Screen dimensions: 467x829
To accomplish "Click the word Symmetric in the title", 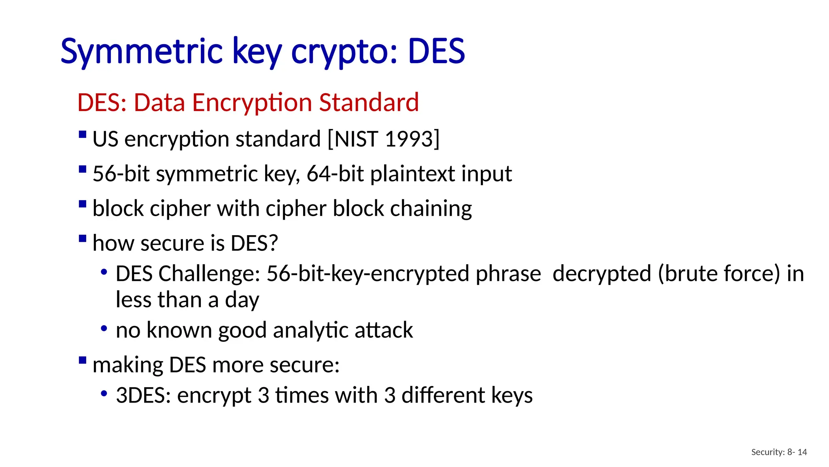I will click(x=141, y=51).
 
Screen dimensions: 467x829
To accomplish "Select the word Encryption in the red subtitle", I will click(x=252, y=102).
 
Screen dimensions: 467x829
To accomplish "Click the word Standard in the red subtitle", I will click(x=369, y=102).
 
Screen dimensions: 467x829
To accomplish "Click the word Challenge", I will click(x=209, y=274).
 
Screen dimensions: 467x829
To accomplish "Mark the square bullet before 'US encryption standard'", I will click(x=83, y=134).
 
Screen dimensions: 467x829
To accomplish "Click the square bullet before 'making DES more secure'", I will click(x=83, y=360).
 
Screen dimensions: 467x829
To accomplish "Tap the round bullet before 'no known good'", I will click(x=104, y=328).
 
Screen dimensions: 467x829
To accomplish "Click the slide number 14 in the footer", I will click(x=802, y=452).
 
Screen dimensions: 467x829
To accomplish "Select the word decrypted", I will click(x=602, y=274).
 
